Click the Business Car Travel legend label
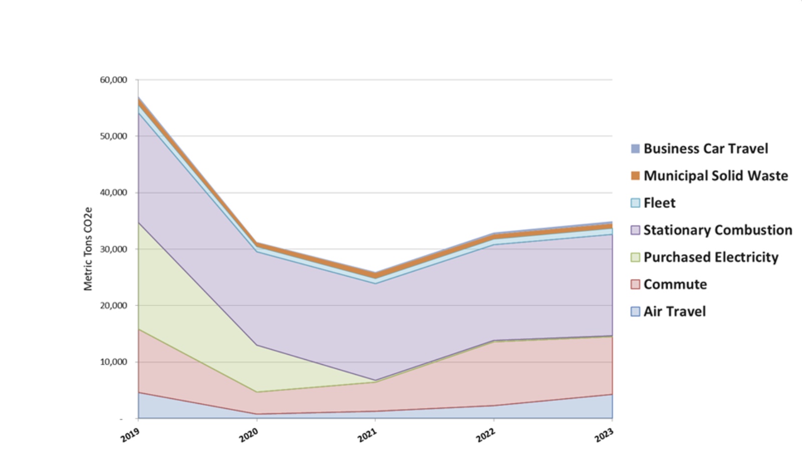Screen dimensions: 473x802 point(705,149)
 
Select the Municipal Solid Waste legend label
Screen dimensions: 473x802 point(715,176)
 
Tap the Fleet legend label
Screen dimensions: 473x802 point(659,203)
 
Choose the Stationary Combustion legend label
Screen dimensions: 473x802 point(717,230)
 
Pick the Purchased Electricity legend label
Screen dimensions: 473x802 point(711,257)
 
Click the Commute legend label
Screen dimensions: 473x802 point(675,284)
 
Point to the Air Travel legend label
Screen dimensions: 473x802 point(674,311)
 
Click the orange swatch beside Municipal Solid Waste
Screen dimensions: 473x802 point(635,176)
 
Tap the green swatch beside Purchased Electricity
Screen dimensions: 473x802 point(635,257)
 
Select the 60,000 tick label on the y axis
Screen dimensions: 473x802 point(113,80)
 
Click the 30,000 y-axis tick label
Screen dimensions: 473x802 point(113,249)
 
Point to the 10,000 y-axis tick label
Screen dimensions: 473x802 point(113,362)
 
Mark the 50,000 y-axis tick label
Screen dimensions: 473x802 point(113,136)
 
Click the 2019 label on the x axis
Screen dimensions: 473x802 point(130,436)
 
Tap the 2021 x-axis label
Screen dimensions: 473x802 point(367,436)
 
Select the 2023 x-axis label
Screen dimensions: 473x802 point(604,436)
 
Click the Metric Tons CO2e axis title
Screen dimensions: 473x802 point(88,249)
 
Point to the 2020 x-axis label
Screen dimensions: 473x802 point(249,436)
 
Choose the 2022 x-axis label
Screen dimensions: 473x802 point(486,436)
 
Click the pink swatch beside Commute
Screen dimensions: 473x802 point(635,284)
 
